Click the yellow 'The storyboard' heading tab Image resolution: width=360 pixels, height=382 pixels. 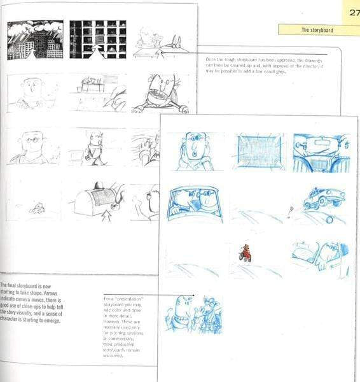coord(315,29)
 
